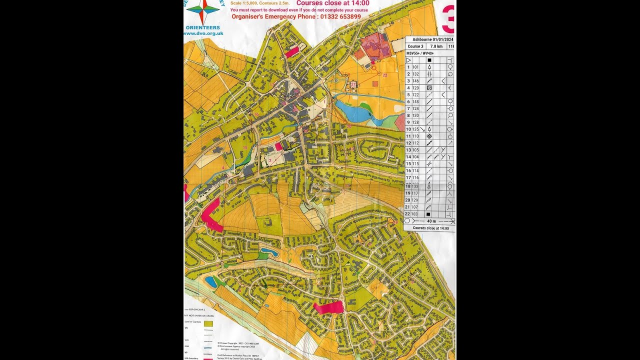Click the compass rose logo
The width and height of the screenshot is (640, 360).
click(202, 9)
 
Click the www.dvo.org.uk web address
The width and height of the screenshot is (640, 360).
click(203, 34)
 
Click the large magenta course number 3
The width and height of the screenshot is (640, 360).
click(448, 19)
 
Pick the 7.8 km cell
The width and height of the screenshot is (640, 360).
click(436, 46)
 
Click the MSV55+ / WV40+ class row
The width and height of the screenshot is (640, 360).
click(420, 53)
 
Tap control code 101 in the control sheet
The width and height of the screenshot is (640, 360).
click(416, 67)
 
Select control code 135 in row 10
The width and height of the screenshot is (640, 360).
click(416, 129)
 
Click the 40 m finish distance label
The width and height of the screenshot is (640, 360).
click(431, 221)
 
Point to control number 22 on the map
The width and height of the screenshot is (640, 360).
click(384, 75)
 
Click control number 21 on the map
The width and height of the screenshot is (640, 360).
click(353, 85)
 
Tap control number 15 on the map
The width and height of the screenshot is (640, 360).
click(245, 147)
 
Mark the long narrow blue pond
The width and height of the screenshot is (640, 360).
click(268, 251)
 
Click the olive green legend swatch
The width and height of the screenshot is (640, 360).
click(208, 323)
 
